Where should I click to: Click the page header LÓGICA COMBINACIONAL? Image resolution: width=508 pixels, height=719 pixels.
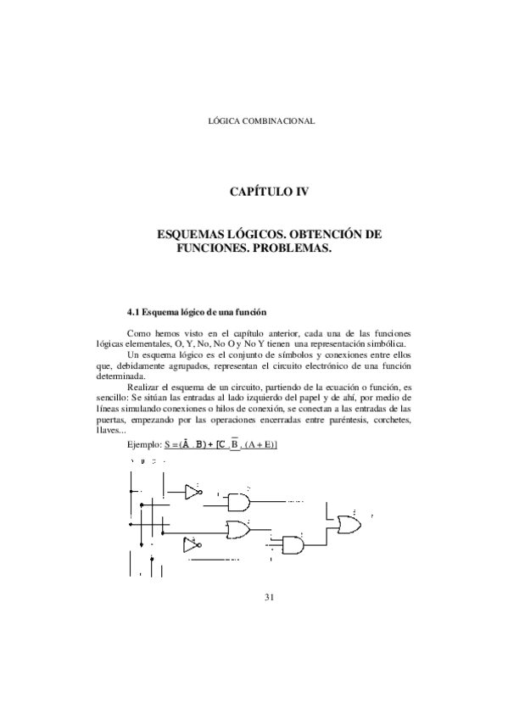click(x=261, y=120)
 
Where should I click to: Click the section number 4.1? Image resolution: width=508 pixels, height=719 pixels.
click(x=132, y=312)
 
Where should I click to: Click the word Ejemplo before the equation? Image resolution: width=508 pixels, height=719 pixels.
click(x=143, y=444)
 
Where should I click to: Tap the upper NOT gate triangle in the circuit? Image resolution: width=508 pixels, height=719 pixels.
click(x=193, y=491)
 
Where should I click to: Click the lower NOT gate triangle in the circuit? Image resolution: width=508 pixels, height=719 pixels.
click(x=192, y=544)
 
